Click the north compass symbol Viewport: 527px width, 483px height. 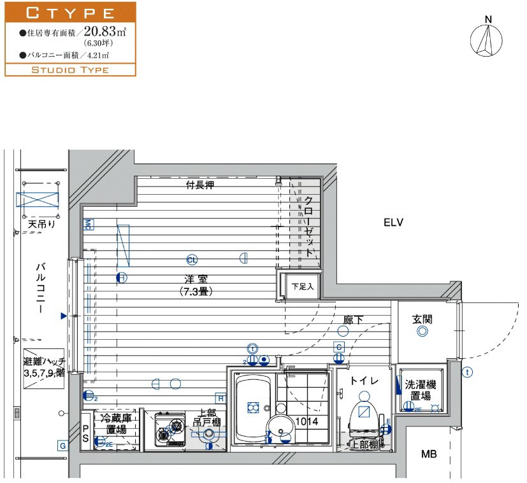click(488, 39)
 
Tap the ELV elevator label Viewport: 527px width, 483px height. click(394, 223)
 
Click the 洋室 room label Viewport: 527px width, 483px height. click(196, 279)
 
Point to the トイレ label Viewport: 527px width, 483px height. click(364, 381)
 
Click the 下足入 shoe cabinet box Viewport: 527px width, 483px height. click(303, 286)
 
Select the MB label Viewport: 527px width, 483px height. click(429, 454)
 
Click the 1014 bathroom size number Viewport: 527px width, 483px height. click(307, 421)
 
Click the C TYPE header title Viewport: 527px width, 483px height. click(70, 12)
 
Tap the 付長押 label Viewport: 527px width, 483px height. click(199, 186)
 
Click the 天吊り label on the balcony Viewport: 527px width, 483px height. click(41, 224)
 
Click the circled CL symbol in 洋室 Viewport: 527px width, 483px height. click(192, 259)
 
